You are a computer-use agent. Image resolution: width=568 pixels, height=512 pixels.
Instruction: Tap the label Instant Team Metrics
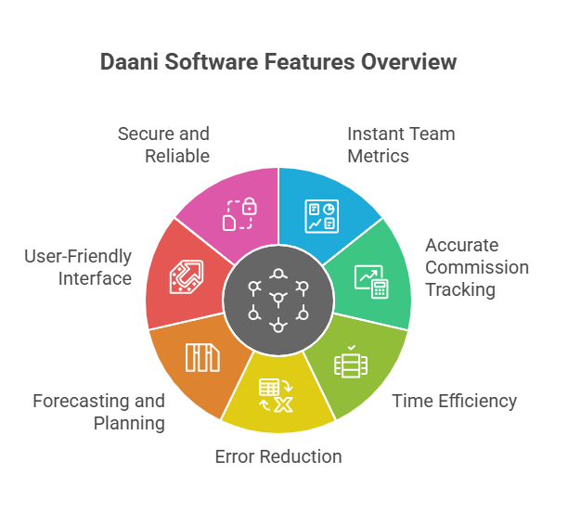coord(401,145)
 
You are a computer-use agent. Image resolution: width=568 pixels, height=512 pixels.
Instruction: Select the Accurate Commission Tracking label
coord(476,267)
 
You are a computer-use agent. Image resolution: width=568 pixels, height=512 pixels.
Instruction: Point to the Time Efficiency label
coord(454,401)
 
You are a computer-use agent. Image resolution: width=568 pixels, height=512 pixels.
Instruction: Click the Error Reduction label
coord(278,455)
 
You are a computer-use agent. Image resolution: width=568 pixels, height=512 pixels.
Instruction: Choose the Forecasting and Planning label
coord(99,412)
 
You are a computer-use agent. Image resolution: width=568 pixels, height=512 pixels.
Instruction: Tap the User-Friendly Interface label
coord(79,267)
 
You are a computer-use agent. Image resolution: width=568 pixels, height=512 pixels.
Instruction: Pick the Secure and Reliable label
coord(164,145)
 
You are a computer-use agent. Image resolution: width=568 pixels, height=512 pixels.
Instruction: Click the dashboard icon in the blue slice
coord(322,215)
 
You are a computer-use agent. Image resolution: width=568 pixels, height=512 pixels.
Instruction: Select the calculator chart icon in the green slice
coord(370,281)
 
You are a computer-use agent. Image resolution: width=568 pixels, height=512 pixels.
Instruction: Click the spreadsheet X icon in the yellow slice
coord(277,395)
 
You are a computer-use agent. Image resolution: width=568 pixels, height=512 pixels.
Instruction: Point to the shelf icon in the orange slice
coord(202,357)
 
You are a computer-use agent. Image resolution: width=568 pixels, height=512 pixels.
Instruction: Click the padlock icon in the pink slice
coord(238,214)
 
